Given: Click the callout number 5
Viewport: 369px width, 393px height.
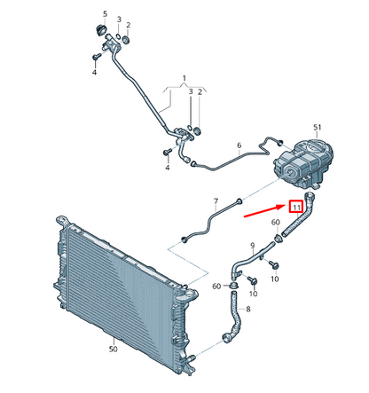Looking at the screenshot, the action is point(105,14).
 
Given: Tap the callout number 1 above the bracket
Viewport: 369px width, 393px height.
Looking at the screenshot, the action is point(184,79).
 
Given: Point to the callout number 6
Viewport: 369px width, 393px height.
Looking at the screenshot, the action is point(239,145).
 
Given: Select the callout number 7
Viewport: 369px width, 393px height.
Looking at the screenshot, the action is point(216,201).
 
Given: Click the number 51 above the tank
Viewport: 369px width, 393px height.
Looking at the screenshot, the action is point(318,128).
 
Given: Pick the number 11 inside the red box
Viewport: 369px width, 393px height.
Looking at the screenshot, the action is point(296,208).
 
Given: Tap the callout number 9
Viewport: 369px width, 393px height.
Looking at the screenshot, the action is point(253,245).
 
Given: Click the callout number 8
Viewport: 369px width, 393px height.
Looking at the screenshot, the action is point(248,310).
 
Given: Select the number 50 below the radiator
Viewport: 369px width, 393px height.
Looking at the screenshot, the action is point(114,350).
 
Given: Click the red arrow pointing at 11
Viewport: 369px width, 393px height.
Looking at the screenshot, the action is point(264,211).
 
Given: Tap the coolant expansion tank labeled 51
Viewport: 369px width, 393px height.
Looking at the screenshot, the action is point(304,163).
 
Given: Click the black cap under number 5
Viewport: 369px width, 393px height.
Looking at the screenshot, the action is point(102,30).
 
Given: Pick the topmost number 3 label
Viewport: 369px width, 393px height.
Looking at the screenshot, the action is point(119,20).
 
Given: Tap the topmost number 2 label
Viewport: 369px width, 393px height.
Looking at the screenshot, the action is point(129,25).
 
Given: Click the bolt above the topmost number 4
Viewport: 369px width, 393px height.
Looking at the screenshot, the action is point(96,57).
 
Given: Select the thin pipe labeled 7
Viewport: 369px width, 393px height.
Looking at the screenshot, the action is point(212,219).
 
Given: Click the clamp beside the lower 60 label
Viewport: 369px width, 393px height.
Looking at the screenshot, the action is point(235,286).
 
